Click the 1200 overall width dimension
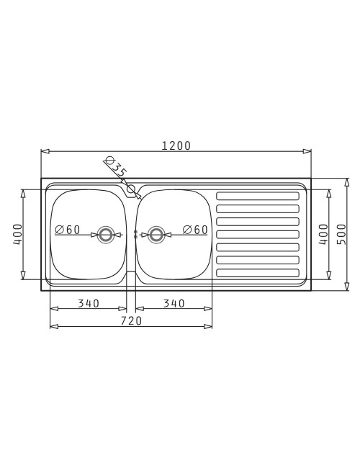176,145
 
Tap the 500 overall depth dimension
341,234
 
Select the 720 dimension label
131,321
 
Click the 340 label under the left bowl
89,304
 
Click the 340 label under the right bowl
174,304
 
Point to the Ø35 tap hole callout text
116,166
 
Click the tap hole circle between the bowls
131,189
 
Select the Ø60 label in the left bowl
68,230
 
